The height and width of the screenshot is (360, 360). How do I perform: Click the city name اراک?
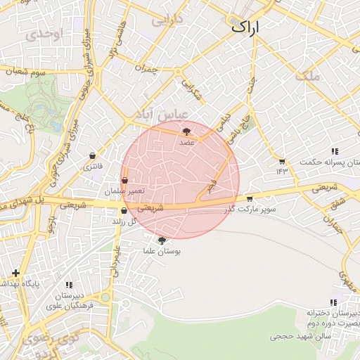point(245,28)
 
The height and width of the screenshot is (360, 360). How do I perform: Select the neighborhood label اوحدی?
point(42,34)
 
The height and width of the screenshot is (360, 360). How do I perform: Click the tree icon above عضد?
point(186,131)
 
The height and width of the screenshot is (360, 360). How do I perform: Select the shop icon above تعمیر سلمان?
point(124,180)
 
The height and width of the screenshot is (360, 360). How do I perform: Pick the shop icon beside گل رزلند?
point(124,210)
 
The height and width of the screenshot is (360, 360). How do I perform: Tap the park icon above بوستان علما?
point(162,240)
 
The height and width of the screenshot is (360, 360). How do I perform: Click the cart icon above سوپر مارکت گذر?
point(249,199)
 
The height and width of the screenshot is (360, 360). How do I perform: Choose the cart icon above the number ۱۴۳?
point(282,161)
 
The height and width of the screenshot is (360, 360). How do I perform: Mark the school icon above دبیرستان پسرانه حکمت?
point(334,151)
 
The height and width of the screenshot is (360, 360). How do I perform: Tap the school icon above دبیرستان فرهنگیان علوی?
point(69,285)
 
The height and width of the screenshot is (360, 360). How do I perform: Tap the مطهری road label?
point(345,278)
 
